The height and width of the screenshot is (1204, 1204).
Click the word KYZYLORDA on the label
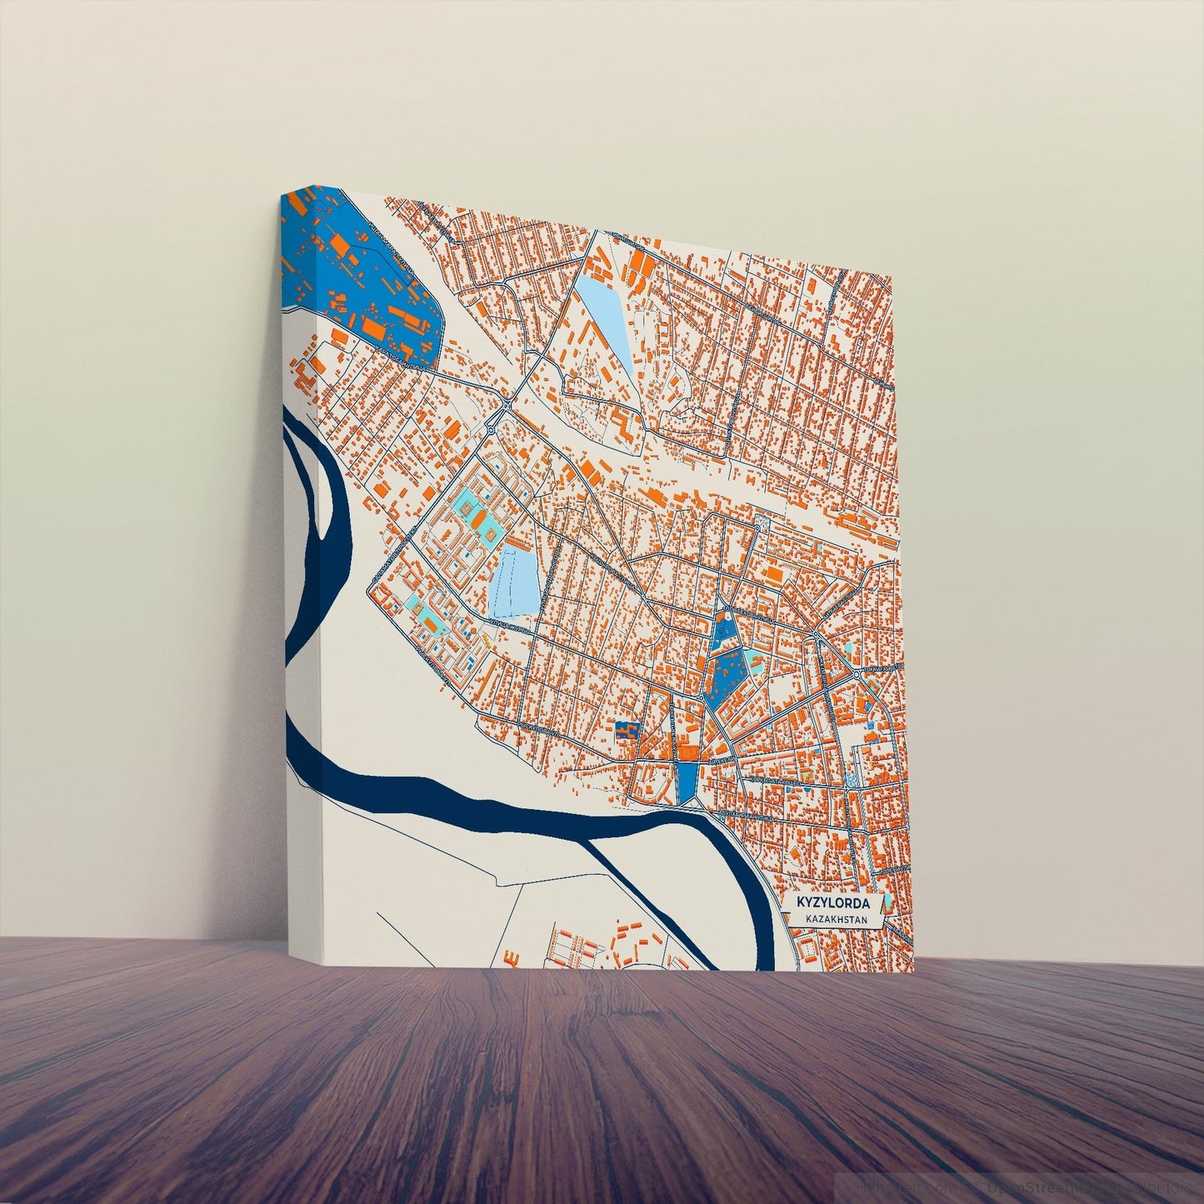tap(833, 903)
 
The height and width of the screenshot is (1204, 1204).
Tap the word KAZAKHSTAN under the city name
tap(837, 919)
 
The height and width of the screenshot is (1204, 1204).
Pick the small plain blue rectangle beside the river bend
tap(687, 782)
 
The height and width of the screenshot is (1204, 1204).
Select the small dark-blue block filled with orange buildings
tap(626, 730)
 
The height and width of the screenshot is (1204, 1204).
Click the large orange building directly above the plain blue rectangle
tap(688, 752)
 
